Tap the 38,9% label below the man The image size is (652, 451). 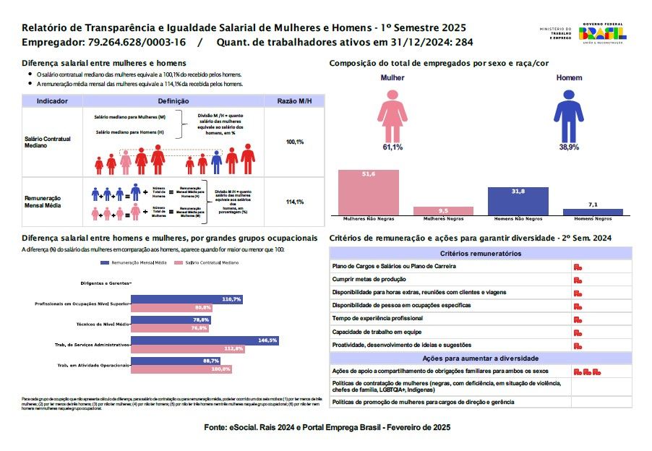click(568, 147)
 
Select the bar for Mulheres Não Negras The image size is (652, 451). click(369, 192)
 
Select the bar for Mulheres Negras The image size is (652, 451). click(443, 211)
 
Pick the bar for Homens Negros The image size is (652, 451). click(593, 212)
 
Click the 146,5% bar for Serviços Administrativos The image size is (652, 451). click(205, 340)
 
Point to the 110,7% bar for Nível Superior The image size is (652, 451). click(186, 298)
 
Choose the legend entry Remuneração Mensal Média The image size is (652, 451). click(138, 263)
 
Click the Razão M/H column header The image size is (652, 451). click(294, 102)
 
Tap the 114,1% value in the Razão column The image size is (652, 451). click(294, 202)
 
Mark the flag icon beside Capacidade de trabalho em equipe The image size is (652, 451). click(578, 332)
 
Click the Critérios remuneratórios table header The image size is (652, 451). click(481, 254)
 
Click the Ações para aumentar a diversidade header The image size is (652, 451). click(481, 358)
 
